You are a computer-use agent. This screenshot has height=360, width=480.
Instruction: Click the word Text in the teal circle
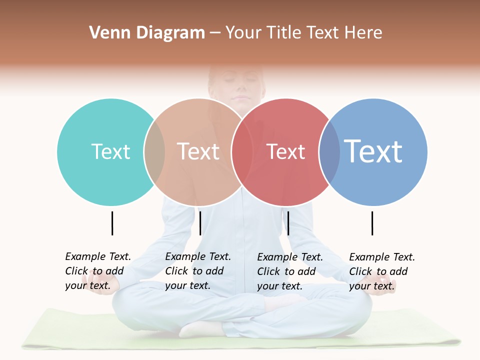tap(110, 151)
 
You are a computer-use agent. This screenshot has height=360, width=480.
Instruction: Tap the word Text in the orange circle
tap(198, 151)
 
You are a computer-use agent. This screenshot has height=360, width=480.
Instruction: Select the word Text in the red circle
tap(285, 151)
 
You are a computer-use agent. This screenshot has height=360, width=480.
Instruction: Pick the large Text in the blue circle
tap(373, 151)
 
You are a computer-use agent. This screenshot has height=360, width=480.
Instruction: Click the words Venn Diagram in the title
tap(147, 33)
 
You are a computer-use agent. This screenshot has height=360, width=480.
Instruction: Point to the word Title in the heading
tap(284, 33)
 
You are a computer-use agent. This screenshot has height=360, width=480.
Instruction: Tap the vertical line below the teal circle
tap(112, 223)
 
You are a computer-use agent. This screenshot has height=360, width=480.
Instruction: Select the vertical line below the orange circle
tap(200, 223)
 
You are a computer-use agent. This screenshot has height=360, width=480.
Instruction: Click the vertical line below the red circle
tap(288, 223)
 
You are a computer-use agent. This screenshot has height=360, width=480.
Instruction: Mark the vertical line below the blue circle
tap(372, 223)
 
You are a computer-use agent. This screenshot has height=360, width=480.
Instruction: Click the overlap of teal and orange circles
tap(154, 152)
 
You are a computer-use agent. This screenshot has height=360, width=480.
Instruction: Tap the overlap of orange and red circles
tap(242, 152)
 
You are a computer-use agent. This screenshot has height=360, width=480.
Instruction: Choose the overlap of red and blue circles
tap(329, 152)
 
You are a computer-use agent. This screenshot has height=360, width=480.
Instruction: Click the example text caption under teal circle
tap(97, 271)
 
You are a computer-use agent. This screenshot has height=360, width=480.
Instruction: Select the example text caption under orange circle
tap(197, 271)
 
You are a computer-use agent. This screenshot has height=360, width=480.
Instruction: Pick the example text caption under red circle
tap(289, 271)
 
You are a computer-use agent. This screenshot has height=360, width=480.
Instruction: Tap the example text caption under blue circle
tap(381, 271)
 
